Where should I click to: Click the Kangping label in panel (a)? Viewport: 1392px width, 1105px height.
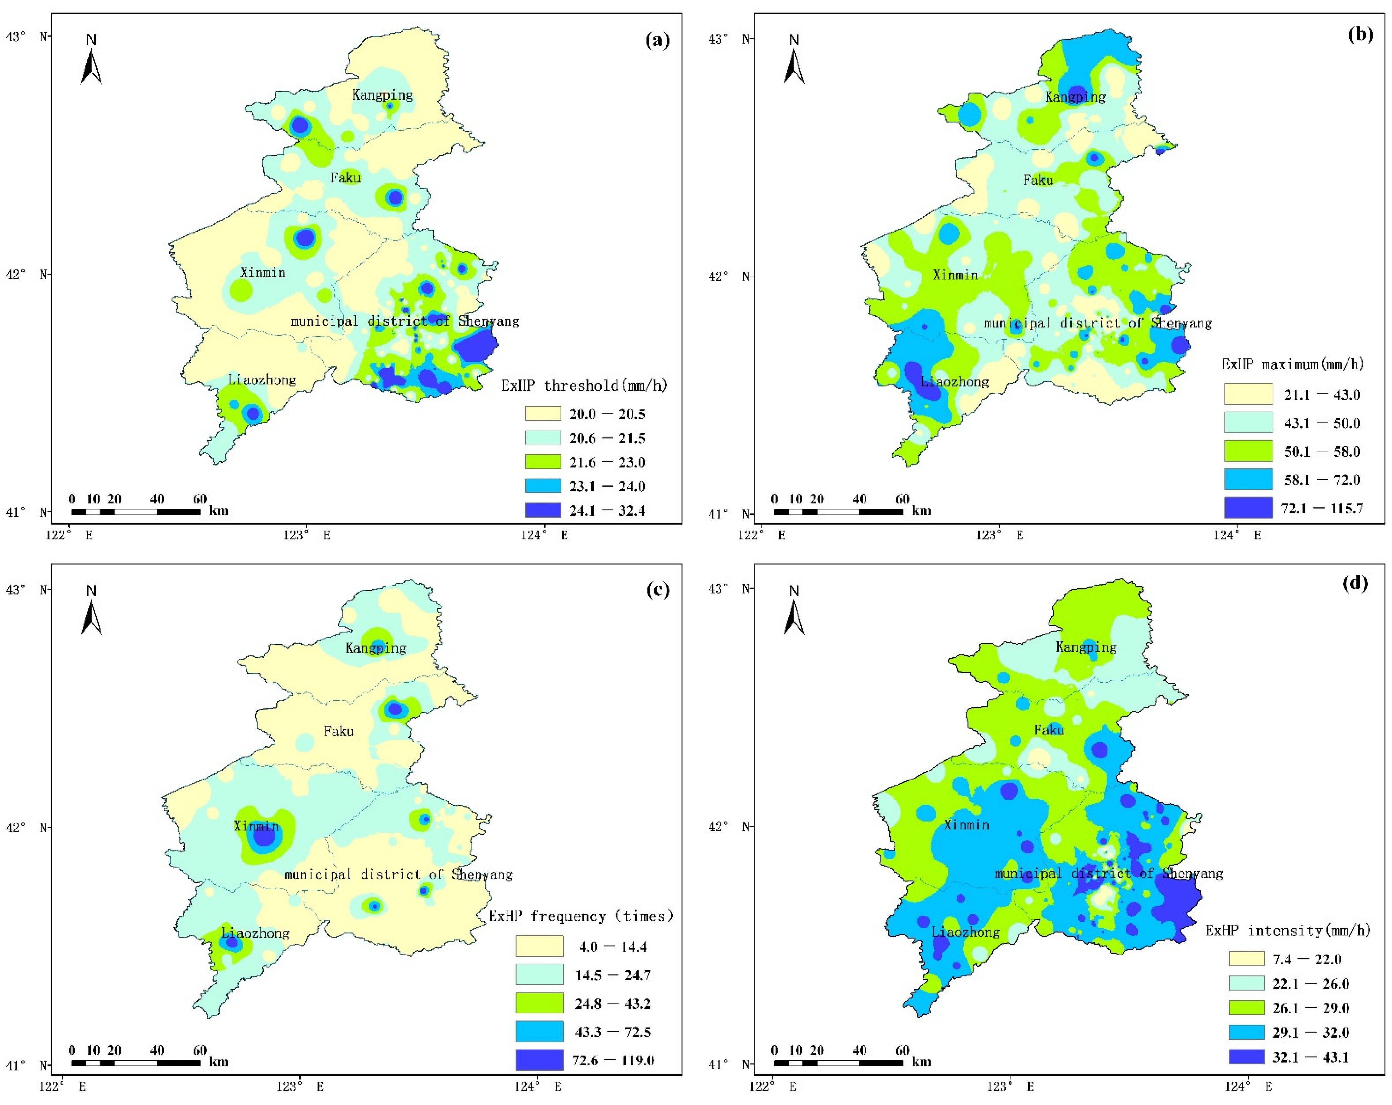pos(382,95)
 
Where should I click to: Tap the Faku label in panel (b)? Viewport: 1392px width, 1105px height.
pos(1038,180)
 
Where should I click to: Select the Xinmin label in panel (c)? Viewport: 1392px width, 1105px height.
pos(256,826)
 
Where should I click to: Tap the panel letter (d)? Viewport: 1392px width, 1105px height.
pos(1354,583)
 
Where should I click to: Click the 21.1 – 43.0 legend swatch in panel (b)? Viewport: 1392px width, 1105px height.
pos(1248,394)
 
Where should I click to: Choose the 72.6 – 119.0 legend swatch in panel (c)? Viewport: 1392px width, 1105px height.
pos(539,1060)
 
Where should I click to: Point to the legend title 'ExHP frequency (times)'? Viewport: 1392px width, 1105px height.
pos(580,916)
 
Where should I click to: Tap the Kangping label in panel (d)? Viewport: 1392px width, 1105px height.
pos(1086,647)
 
